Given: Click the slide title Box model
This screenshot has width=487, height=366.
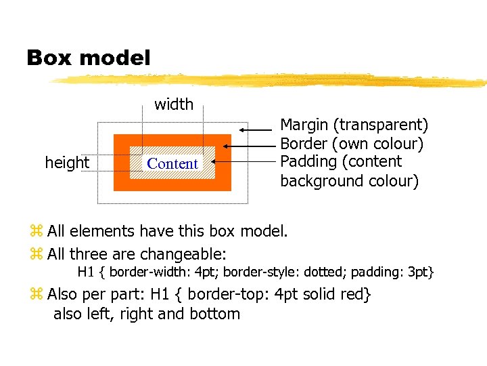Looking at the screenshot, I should coord(89,58).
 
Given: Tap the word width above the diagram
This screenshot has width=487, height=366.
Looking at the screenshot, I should coord(174,104).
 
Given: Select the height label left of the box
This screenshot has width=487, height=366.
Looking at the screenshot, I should coord(67,163).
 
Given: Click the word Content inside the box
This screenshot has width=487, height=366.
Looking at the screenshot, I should coord(172,164).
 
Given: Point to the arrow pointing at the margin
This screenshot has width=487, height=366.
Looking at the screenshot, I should coord(257,129).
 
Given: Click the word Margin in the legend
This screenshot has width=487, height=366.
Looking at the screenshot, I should coord(304,125).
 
